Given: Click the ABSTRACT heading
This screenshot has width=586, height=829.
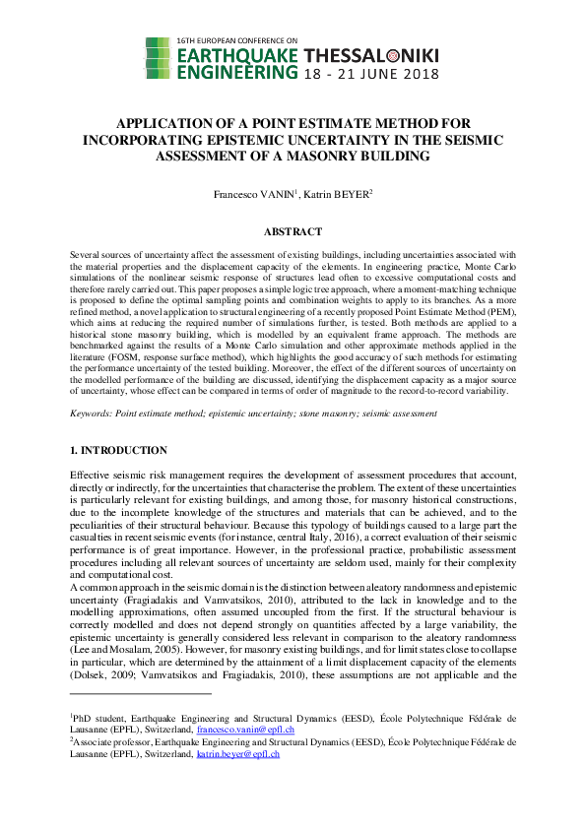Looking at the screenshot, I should [293, 232].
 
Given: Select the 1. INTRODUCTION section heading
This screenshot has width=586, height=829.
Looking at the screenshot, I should [118, 450].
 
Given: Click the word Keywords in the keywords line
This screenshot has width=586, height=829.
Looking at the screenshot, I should [90, 413].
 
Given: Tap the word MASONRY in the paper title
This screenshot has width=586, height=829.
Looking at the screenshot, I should [329, 155].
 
